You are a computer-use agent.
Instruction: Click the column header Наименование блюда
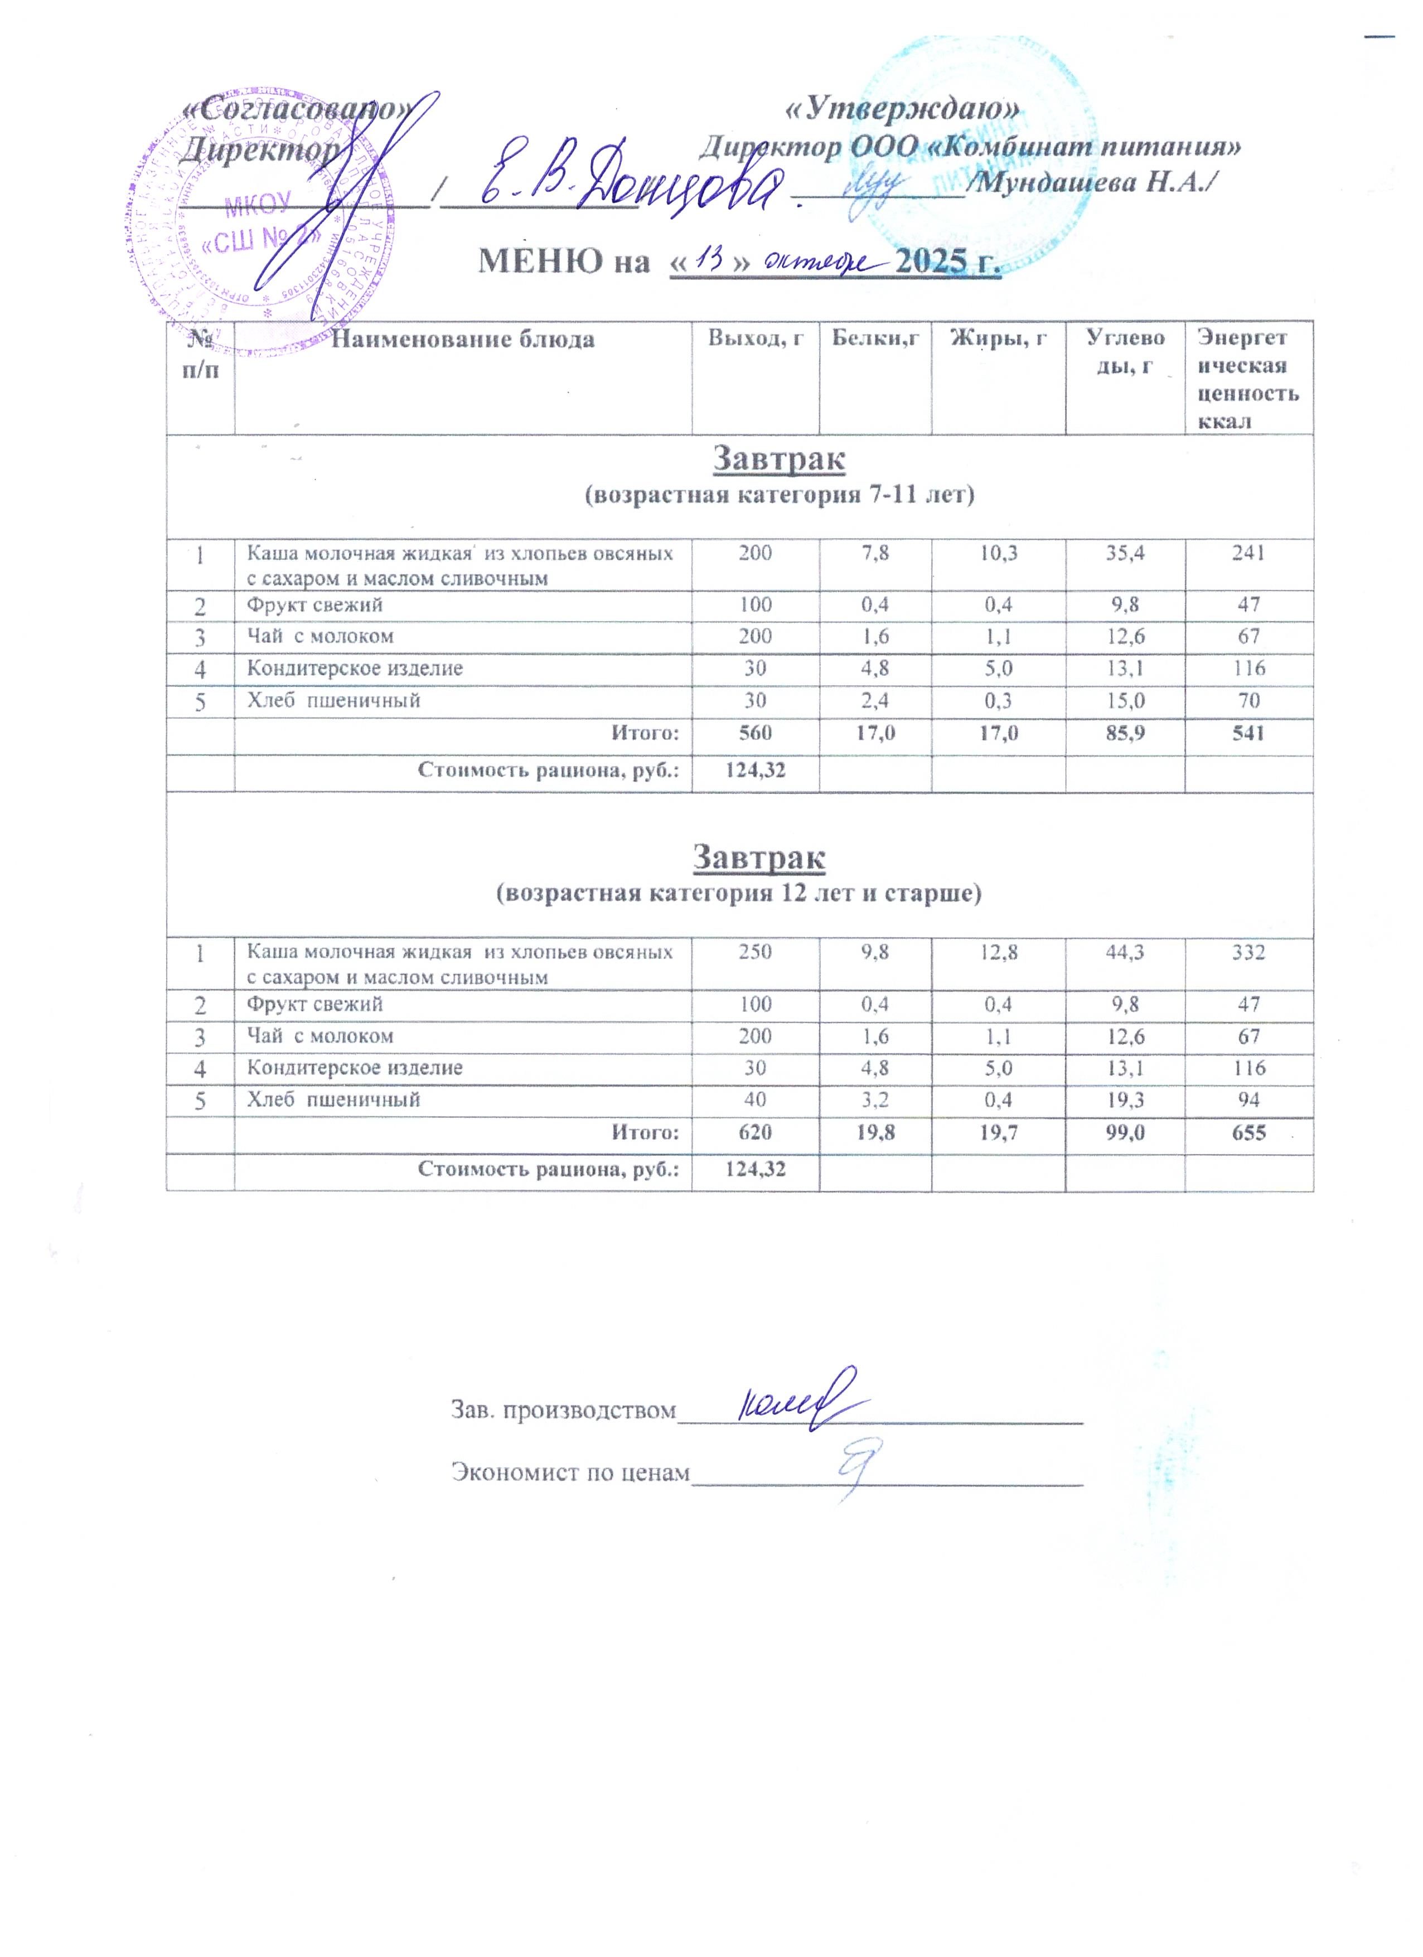pos(463,339)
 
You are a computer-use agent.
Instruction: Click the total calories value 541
pos(1248,733)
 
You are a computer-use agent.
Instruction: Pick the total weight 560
pos(755,733)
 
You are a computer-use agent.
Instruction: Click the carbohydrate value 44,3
pos(1125,952)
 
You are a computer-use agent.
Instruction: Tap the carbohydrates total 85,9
pos(1125,733)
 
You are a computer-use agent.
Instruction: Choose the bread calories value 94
pos(1248,1100)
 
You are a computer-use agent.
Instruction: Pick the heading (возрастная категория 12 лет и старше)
pos(739,893)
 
